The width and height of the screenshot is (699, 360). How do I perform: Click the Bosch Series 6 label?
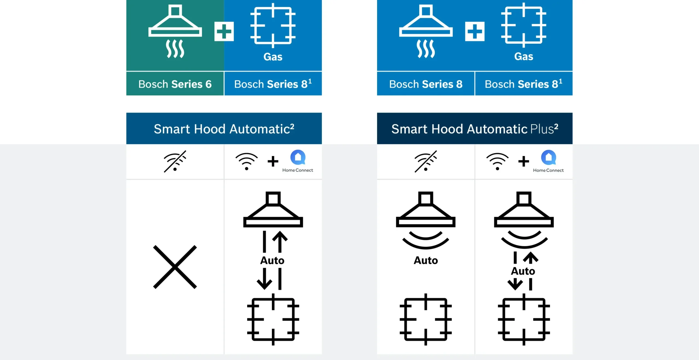(x=175, y=84)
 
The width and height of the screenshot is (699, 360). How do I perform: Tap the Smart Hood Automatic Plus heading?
(x=475, y=129)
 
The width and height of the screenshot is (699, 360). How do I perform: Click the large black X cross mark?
(x=175, y=267)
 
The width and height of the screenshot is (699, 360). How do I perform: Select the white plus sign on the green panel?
(x=224, y=31)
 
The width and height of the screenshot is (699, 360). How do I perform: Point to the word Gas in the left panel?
(x=273, y=57)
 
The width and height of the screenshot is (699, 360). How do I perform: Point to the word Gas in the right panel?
(x=524, y=57)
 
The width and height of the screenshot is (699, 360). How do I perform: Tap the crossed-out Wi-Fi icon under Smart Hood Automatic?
(x=175, y=161)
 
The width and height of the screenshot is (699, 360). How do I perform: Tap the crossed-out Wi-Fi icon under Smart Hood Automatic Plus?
(x=426, y=161)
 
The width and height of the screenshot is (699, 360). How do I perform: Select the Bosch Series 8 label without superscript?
(x=426, y=84)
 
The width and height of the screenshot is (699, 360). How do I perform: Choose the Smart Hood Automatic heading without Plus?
(x=224, y=129)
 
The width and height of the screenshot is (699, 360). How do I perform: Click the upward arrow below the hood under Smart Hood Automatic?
(x=280, y=242)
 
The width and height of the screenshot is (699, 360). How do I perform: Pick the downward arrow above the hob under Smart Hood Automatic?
(x=264, y=279)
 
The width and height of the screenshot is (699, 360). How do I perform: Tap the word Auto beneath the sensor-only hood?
(x=426, y=260)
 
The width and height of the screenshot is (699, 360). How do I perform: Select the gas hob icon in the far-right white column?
(x=524, y=319)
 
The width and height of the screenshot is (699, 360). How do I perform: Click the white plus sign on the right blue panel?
(x=475, y=31)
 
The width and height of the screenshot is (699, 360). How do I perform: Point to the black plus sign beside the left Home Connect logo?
(x=273, y=161)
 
